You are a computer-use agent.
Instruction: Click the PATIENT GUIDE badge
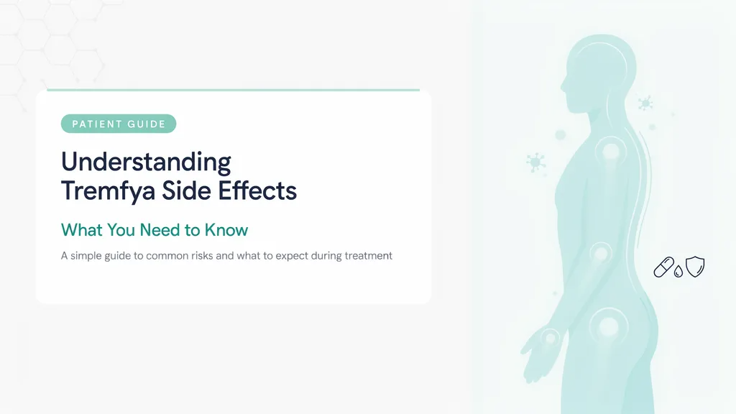(x=119, y=124)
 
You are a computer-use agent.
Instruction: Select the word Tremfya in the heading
(x=108, y=191)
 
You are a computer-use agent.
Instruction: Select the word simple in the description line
(x=86, y=257)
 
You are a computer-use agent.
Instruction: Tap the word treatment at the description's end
(x=369, y=256)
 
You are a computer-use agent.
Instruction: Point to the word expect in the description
(x=292, y=257)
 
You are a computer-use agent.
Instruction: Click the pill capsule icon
(x=663, y=267)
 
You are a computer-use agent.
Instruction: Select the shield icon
(x=695, y=267)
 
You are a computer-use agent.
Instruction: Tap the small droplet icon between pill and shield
(x=678, y=271)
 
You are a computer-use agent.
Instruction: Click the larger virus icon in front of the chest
(x=535, y=162)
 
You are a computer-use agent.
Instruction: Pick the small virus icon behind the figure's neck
(x=645, y=103)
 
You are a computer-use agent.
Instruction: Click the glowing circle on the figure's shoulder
(x=611, y=152)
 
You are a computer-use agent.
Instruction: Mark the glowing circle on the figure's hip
(x=609, y=326)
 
